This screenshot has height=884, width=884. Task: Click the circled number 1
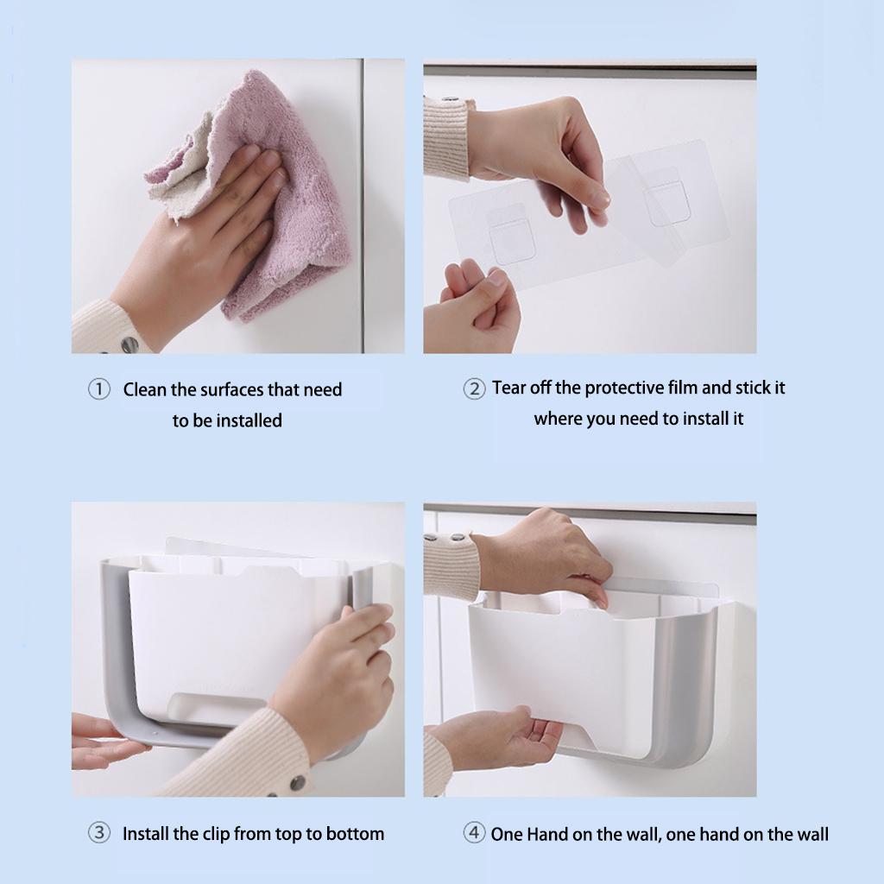[99, 389]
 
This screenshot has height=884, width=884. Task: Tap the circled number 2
[474, 388]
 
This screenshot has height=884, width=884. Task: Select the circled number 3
[99, 833]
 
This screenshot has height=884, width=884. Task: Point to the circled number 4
[474, 833]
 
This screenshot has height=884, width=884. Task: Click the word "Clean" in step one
[145, 389]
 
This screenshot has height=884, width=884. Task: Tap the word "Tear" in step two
[508, 388]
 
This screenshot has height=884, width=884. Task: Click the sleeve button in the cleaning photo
[129, 344]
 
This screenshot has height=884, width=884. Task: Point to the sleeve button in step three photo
[297, 783]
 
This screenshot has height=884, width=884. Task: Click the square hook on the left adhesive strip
[511, 235]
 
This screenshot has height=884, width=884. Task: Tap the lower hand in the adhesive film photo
[474, 307]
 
